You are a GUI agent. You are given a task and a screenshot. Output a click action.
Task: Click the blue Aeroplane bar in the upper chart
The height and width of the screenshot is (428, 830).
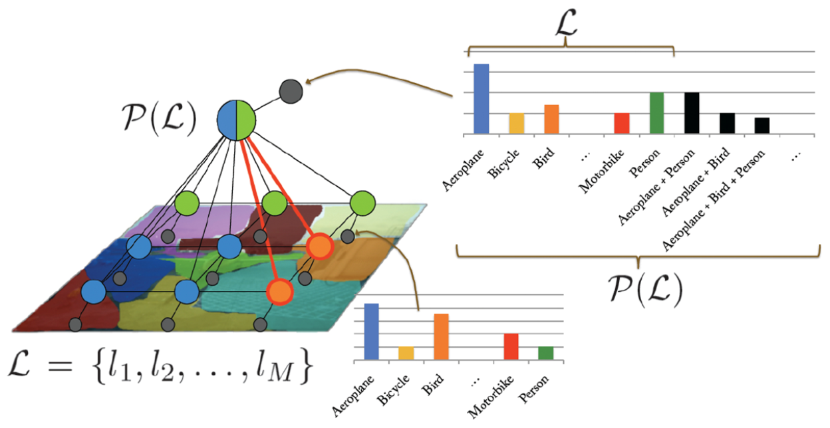[481, 99]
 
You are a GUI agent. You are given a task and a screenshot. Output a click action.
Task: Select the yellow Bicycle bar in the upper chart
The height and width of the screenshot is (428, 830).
[517, 124]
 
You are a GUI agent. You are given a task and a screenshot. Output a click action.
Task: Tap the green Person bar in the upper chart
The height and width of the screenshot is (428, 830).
[656, 113]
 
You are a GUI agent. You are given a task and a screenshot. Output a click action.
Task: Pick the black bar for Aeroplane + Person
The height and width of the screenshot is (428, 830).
[692, 113]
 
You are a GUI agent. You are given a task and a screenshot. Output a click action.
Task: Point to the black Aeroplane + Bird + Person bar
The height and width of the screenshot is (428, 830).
[761, 126]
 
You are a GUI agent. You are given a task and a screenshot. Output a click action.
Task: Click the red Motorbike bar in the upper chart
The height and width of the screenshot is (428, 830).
[621, 124]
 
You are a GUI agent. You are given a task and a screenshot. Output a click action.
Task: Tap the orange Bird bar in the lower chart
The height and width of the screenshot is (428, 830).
[441, 337]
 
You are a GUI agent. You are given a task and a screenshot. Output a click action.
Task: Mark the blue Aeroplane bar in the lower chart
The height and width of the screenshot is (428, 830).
[371, 332]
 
